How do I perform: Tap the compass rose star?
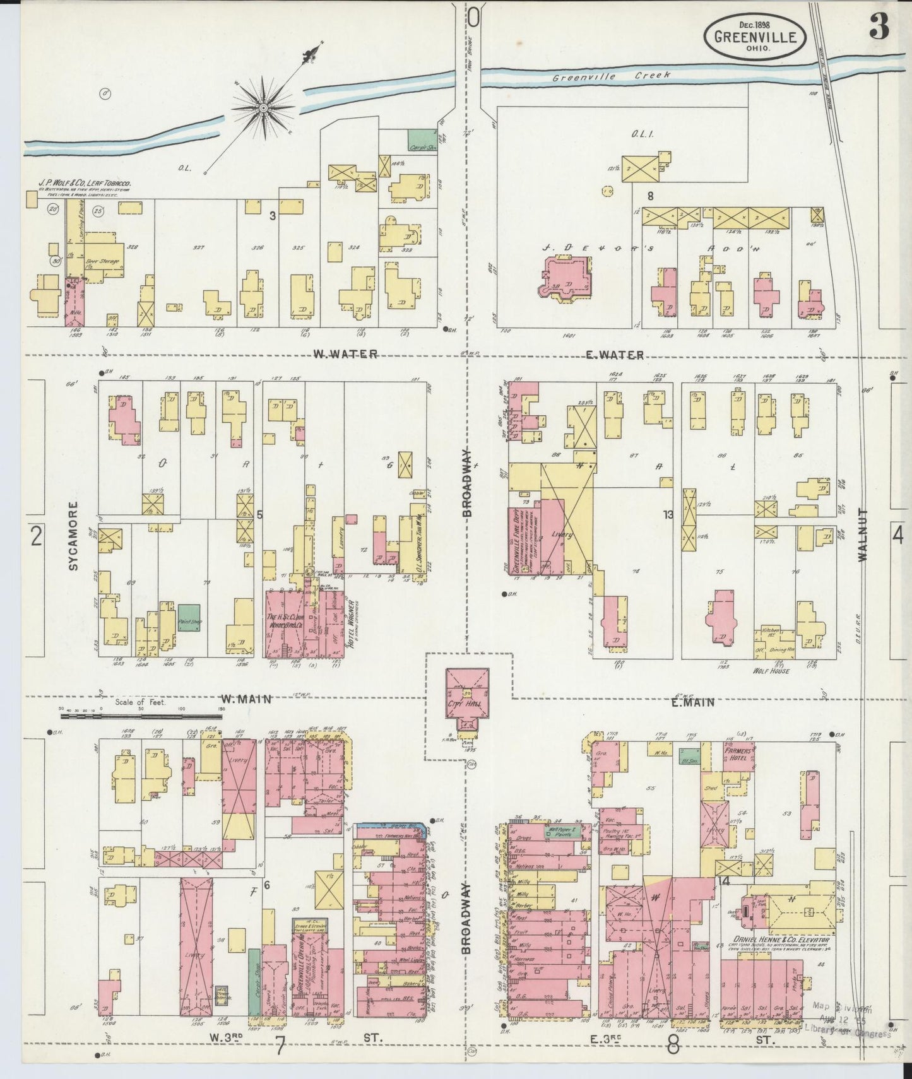coord(261,107)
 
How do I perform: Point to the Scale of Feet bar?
coord(142,715)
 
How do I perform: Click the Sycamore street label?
coord(73,536)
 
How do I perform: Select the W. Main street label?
coord(246,699)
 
